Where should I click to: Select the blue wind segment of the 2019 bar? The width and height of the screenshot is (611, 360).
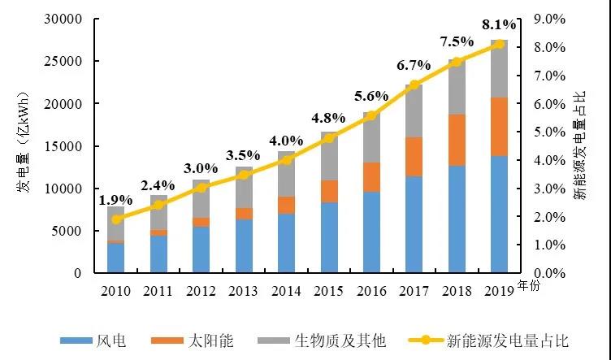(x=499, y=215)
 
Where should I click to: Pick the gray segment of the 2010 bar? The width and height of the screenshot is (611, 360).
(x=116, y=223)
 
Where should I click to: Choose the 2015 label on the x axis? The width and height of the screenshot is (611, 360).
(x=329, y=290)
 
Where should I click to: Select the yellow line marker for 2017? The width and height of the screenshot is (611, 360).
(x=414, y=85)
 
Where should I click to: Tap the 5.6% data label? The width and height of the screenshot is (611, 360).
(x=371, y=95)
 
